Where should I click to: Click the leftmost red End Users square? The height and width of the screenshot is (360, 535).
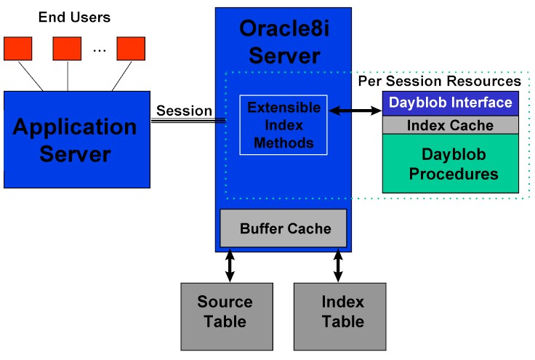coord(17,49)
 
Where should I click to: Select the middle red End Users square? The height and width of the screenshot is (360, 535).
coord(67,49)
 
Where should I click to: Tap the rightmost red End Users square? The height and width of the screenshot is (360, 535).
coord(131,49)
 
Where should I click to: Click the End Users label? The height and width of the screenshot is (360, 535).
coord(74,17)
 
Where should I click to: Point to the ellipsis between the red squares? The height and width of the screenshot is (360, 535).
coord(100,51)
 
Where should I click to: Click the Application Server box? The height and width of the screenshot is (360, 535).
coord(77,140)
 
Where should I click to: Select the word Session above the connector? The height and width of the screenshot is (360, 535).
coord(184,111)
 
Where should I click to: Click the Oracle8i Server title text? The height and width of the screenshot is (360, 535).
coord(284,42)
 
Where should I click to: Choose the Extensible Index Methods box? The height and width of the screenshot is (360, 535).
coord(283,125)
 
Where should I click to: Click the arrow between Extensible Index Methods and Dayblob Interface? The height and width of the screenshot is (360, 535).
coord(355,111)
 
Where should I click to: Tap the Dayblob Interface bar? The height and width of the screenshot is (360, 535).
coord(451,103)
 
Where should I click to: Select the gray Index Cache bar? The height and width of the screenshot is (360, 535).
coord(451,125)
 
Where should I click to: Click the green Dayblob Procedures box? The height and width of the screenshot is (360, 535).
coord(451,164)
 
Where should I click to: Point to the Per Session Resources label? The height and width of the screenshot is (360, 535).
coord(440,81)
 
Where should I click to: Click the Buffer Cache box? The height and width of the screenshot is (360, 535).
coord(283,228)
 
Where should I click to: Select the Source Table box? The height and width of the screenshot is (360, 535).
coord(227,316)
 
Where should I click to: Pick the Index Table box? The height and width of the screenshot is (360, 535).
coord(340,316)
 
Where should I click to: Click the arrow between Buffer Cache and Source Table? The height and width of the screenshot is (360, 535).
coord(230,265)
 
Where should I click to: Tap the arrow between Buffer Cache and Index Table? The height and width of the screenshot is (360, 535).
coord(338,265)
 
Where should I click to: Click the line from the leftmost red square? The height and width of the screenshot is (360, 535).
coord(31,76)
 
